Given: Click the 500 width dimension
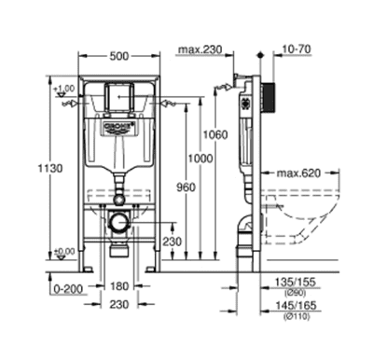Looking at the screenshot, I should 117,55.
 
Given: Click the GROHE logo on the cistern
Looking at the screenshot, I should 117,124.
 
